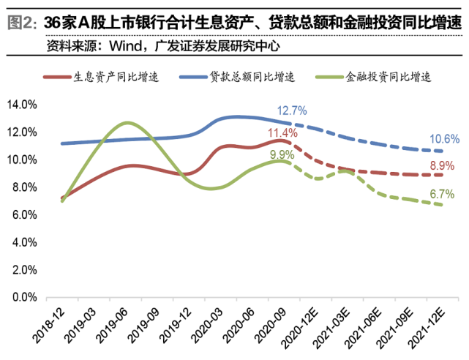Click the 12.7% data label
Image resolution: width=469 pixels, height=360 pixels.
point(291,110)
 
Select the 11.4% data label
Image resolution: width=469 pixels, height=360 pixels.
point(282,133)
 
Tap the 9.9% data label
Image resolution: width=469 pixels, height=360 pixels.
point(282,155)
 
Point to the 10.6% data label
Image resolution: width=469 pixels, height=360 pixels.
point(446,138)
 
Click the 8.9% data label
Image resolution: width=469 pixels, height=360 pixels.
point(446,165)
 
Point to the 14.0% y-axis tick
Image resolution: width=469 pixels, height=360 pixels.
point(21,105)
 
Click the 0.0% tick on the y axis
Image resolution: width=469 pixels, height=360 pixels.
point(23,298)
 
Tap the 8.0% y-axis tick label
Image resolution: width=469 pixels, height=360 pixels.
point(23,187)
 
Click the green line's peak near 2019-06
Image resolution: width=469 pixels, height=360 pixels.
point(128,122)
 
